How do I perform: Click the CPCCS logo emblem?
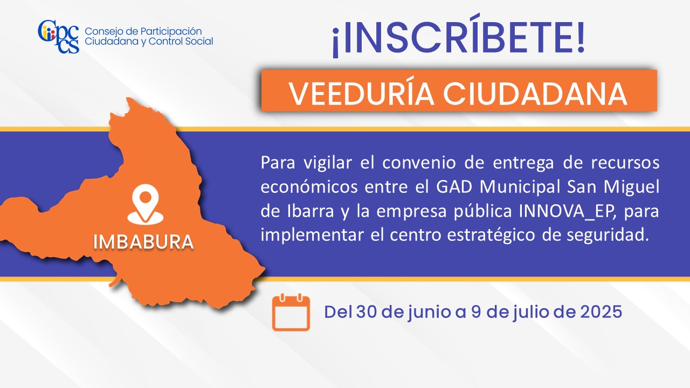coord(59,37)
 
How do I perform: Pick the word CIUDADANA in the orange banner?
coord(535,94)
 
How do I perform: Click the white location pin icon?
coord(146,204)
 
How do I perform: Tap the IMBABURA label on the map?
coord(143,242)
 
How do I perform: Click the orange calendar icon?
coord(291,312)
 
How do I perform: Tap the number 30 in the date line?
coord(367,312)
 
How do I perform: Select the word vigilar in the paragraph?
coord(328,163)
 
